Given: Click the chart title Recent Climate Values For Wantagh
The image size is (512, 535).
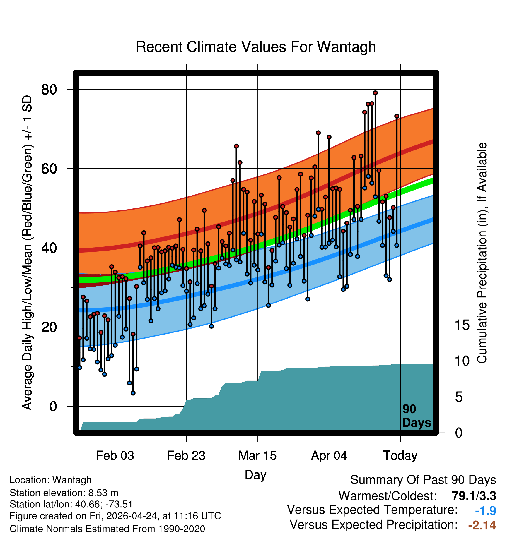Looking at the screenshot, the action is [x=256, y=47].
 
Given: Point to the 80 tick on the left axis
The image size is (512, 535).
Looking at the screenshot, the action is [x=49, y=89].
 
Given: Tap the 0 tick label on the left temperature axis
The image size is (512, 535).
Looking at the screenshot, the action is [x=53, y=406].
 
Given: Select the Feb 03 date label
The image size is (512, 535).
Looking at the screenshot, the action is [x=115, y=456].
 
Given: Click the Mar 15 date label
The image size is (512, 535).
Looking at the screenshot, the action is [x=257, y=456].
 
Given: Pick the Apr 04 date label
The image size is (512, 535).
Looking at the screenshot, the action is [x=329, y=456].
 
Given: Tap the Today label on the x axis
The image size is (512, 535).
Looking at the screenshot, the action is [x=400, y=456].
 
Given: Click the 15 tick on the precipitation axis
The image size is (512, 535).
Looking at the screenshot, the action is [x=462, y=325].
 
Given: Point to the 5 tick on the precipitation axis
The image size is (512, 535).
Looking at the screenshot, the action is [x=459, y=397].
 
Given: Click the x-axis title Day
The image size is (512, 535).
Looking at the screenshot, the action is [x=255, y=475].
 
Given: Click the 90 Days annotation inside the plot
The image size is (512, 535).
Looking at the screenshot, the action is [x=417, y=416].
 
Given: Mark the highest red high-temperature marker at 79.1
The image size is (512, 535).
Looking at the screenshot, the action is [x=375, y=93].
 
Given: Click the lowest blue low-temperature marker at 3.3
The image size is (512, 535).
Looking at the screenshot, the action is [x=133, y=393].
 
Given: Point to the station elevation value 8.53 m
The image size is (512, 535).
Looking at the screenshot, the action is [x=103, y=493].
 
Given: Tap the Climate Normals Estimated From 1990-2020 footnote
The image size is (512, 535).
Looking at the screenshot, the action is [x=107, y=529].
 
